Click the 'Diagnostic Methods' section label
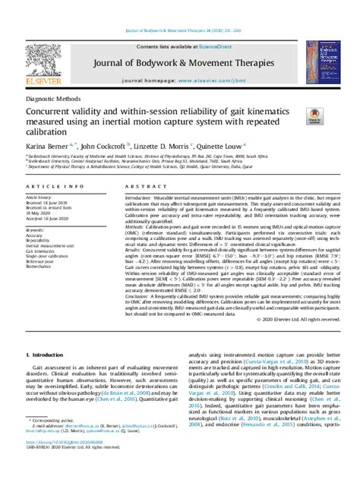pyautogui.click(x=55, y=98)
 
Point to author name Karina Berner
pyautogui.click(x=46, y=144)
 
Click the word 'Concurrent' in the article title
pyautogui.click(x=55, y=111)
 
